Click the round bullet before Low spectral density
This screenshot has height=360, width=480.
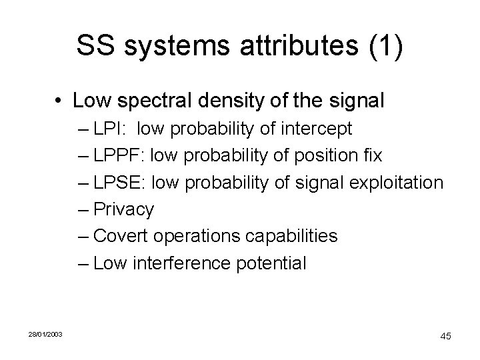pos(59,102)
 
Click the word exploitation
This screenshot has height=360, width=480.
pos(393,183)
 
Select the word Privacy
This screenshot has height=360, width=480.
pos(124,209)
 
